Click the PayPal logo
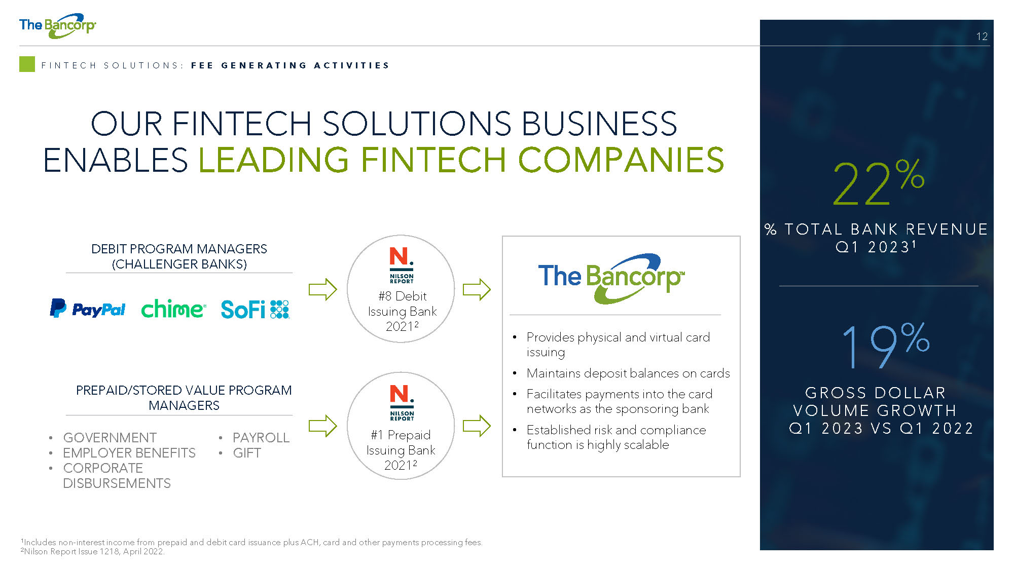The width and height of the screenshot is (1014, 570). tap(87, 309)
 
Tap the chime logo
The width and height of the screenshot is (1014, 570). tap(173, 309)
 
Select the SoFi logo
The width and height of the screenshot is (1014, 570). tap(255, 309)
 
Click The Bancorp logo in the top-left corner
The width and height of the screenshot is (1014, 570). tap(57, 25)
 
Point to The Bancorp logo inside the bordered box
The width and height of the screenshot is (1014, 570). tap(611, 278)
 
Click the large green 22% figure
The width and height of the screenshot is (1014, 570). tap(879, 182)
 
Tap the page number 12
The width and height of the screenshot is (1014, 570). tap(982, 36)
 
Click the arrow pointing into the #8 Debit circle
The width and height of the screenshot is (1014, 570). tap(323, 289)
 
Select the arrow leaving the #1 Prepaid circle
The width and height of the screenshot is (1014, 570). tap(477, 426)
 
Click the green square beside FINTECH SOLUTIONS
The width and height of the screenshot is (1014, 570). tap(27, 64)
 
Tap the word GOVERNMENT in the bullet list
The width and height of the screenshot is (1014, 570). tap(110, 437)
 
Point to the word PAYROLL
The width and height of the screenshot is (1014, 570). tap(261, 437)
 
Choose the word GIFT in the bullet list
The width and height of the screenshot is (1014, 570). tap(247, 453)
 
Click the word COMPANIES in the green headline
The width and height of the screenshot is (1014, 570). tap(621, 160)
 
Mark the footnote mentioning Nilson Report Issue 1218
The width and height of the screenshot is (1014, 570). tap(93, 551)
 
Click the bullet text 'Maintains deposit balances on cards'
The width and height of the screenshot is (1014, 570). tap(628, 373)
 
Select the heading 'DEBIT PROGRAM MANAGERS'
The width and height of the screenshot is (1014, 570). tap(179, 249)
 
